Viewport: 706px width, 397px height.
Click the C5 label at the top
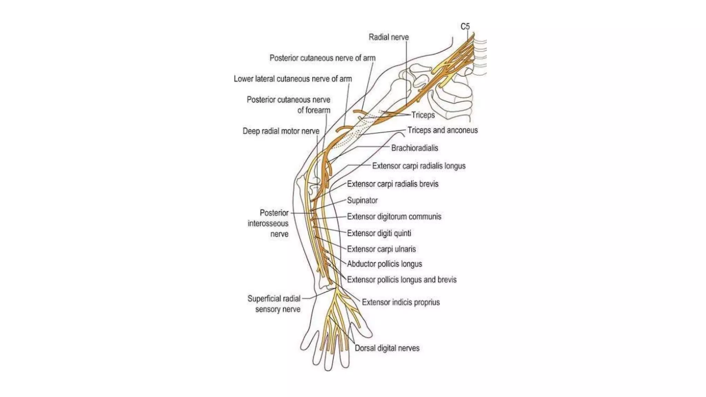coord(465,27)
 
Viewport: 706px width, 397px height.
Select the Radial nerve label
coord(389,37)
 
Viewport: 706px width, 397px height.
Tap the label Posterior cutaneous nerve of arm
coord(322,58)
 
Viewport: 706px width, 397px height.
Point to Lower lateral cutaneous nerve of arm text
coord(293,79)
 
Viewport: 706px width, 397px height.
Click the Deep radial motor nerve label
coord(281,131)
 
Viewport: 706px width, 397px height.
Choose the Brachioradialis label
coord(414,148)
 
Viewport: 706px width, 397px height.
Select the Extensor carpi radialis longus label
coord(418,166)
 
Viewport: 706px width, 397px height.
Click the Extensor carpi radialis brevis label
coord(393,184)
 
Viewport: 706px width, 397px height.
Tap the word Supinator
coord(362,201)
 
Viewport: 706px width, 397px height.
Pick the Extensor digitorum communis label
coord(394,217)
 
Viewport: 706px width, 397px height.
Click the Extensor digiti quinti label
coord(379,233)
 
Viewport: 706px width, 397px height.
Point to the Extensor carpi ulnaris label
coord(381,249)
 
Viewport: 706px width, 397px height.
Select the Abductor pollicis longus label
coord(384,264)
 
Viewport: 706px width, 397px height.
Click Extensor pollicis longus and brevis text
coord(402,280)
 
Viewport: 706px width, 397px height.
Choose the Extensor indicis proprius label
coord(401,303)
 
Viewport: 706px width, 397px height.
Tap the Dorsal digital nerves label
coord(387,348)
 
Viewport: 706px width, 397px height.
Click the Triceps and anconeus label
coord(443,130)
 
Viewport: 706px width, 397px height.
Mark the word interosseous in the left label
coord(268,224)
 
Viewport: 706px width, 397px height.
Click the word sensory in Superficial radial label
coord(267,309)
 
